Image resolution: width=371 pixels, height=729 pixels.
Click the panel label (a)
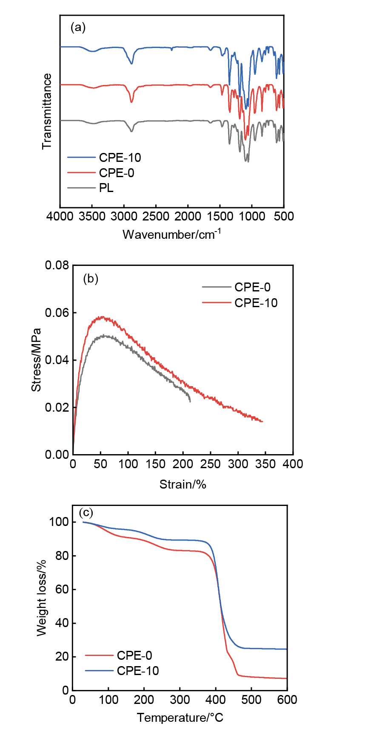tap(78, 28)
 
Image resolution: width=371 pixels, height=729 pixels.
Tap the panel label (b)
tap(91, 279)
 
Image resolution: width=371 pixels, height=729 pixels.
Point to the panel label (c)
tap(86, 511)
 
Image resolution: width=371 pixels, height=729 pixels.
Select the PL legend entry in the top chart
tap(106, 188)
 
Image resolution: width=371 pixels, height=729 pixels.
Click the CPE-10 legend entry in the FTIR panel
tap(120, 158)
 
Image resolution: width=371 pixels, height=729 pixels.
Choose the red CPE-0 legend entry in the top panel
tap(116, 173)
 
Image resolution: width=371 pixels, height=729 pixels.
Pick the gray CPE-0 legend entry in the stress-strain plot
tap(252, 287)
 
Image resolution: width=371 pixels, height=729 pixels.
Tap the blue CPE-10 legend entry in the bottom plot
tap(137, 671)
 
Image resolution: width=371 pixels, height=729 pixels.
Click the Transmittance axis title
tap(47, 111)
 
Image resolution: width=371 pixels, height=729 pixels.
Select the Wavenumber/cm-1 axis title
tap(172, 234)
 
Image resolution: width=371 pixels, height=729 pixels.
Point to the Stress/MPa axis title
tap(37, 360)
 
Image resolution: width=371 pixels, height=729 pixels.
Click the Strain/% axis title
tap(183, 484)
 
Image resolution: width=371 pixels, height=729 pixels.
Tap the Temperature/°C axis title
tap(180, 718)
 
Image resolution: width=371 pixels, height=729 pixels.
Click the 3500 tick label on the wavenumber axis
tap(92, 216)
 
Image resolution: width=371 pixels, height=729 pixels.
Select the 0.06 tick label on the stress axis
tap(57, 313)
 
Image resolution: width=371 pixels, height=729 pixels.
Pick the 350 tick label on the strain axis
tap(265, 464)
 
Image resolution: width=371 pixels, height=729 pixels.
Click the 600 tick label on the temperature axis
tap(287, 700)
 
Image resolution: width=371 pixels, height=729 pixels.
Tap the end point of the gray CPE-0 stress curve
tap(190, 401)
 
